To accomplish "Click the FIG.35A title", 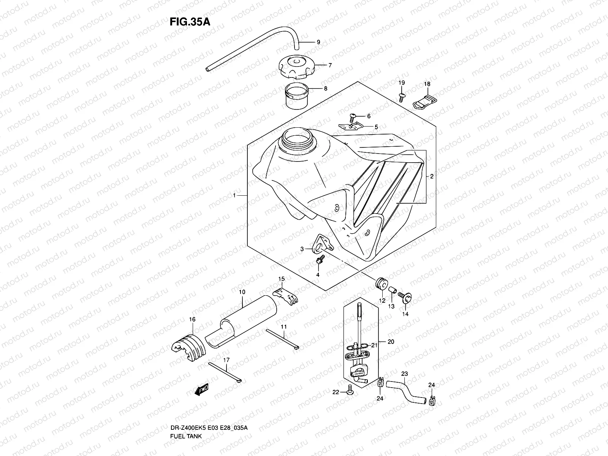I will pyautogui.click(x=190, y=22).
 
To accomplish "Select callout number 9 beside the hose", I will pyautogui.click(x=318, y=42).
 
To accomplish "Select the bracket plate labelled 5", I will pyautogui.click(x=351, y=126).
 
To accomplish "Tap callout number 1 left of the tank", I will pyautogui.click(x=235, y=195).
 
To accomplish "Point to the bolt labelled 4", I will pyautogui.click(x=319, y=261).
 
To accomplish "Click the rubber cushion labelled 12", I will pyautogui.click(x=381, y=283).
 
